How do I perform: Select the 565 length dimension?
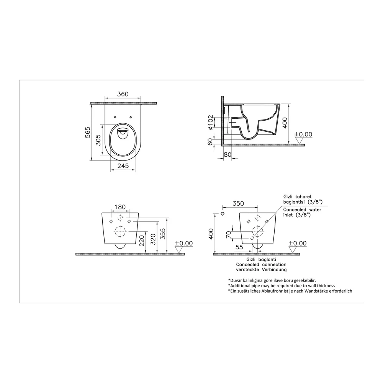87,132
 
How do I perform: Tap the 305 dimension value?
98,140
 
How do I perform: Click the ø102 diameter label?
211,123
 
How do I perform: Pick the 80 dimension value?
228,154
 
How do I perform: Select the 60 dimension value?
211,142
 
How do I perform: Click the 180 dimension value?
120,207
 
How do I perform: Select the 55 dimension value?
239,247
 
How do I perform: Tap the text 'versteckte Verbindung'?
261,270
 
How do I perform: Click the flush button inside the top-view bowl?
123,132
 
